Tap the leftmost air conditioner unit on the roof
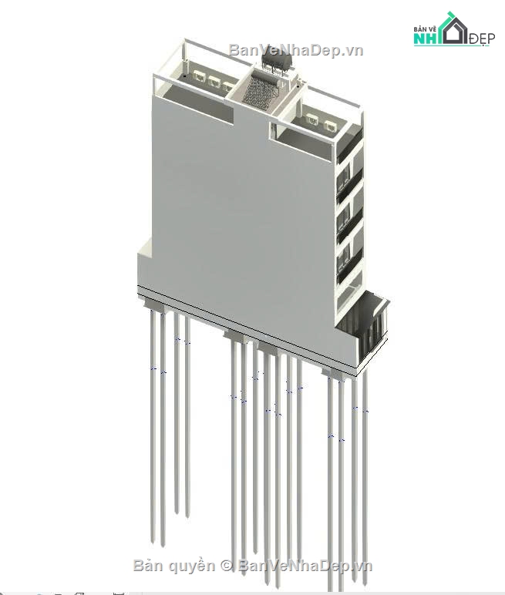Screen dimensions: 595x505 (x=200, y=78)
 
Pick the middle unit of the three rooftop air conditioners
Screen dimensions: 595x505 (x=214, y=81)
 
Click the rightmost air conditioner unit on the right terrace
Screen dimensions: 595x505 (x=330, y=125)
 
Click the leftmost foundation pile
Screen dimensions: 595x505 (x=153, y=424)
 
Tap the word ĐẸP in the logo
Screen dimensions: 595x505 (x=481, y=38)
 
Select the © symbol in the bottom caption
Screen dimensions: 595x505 (x=227, y=566)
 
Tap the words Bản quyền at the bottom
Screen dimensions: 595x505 (x=174, y=566)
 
